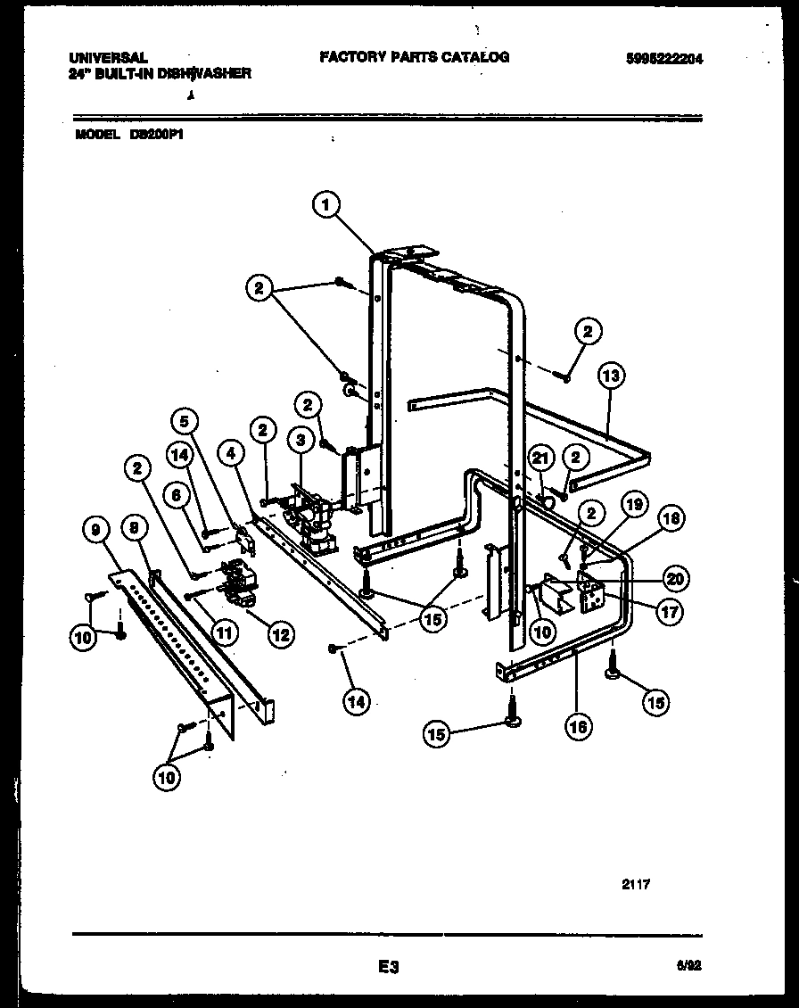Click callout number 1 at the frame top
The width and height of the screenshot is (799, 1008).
[x=326, y=205]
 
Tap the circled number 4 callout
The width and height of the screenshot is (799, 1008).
[x=230, y=452]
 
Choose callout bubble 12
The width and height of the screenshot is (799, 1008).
[x=279, y=634]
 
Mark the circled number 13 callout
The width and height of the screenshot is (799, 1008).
[x=610, y=376]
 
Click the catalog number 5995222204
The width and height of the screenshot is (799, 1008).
[x=663, y=59]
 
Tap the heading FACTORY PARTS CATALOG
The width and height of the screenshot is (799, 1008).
[x=414, y=57]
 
